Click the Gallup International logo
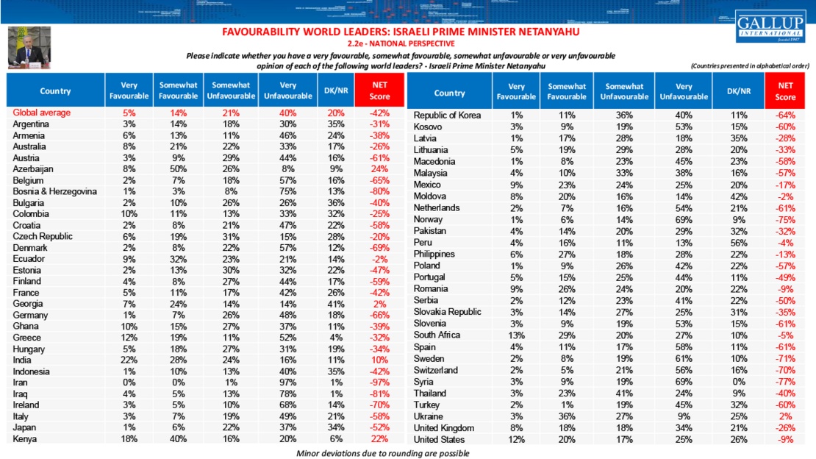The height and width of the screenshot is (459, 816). point(771,26)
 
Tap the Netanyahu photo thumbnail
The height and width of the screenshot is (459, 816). point(29,48)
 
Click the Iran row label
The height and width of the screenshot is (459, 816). point(22,383)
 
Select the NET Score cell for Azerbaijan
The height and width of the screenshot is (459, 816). point(380,169)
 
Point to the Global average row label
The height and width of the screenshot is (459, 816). point(42,113)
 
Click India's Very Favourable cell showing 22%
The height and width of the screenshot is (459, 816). point(129,360)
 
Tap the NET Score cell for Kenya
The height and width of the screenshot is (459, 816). point(380,439)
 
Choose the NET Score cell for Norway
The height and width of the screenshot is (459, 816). point(785,219)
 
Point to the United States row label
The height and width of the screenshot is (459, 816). point(440,439)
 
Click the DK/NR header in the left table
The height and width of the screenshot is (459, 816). point(332,91)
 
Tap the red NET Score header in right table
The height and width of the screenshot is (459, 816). point(785,92)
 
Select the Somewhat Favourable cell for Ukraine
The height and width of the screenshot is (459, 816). point(567,416)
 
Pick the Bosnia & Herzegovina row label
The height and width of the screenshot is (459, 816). point(55,192)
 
